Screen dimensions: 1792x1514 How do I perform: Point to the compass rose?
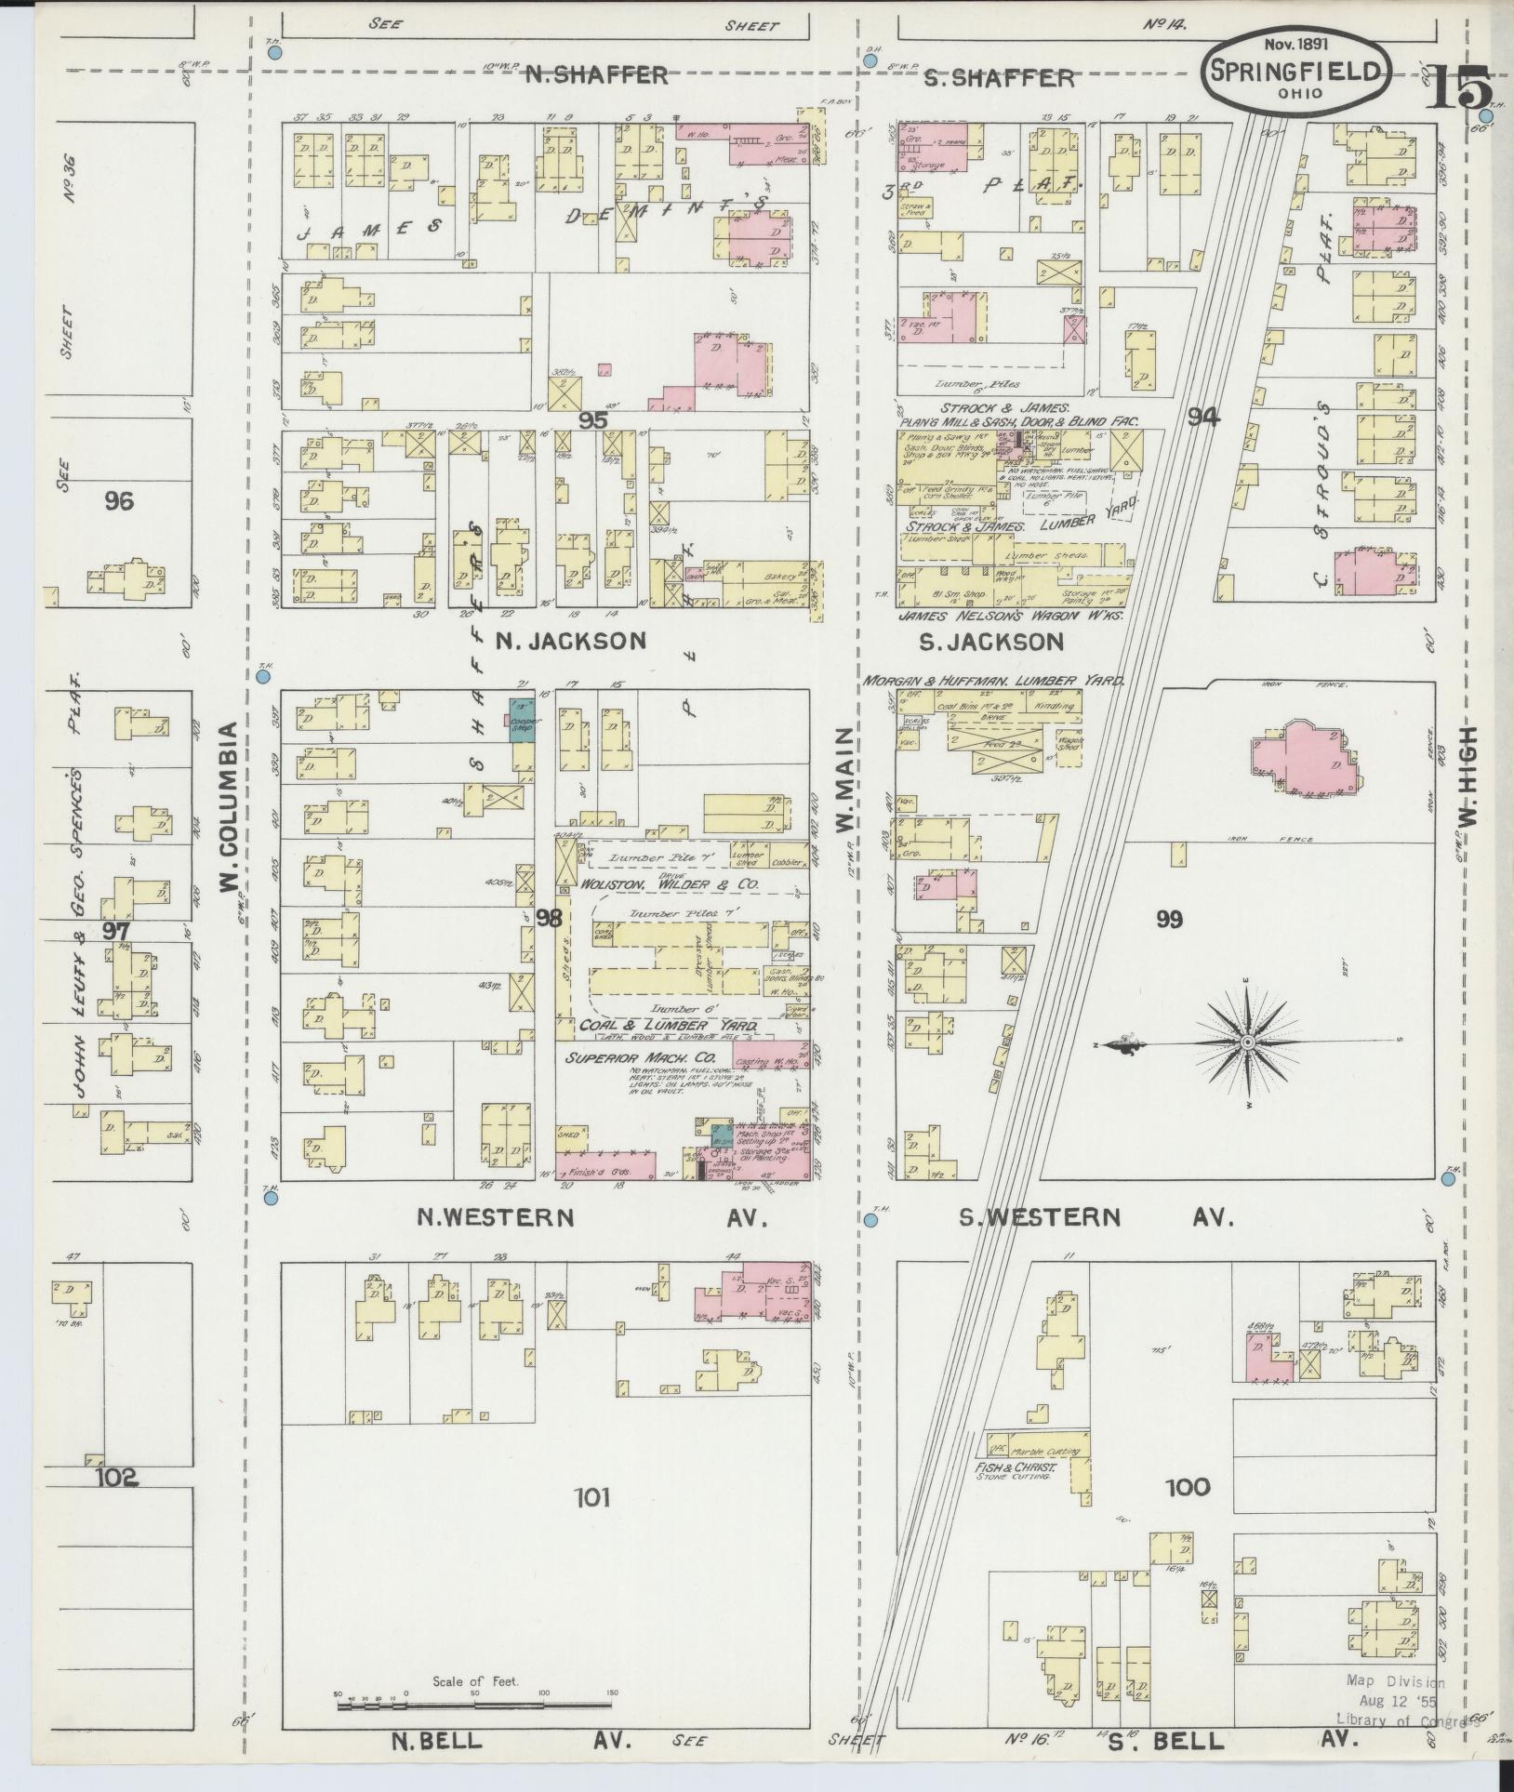[1246, 1044]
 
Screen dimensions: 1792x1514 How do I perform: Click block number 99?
[1169, 920]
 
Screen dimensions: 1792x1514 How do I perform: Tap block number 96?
[119, 502]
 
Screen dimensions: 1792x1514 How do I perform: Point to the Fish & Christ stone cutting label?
[1014, 1468]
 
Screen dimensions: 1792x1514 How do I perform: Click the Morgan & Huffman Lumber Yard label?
[994, 681]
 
